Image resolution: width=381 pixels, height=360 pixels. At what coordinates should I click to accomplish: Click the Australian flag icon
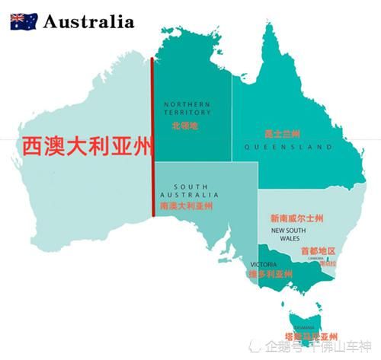[x=24, y=21]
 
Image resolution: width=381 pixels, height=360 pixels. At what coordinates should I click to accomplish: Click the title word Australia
[x=88, y=21]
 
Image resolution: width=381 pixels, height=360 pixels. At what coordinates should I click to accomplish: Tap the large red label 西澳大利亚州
[x=86, y=144]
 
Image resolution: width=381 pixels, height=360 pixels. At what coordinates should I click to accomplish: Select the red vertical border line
[x=153, y=137]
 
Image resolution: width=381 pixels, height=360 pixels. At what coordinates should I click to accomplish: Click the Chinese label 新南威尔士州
[x=296, y=217]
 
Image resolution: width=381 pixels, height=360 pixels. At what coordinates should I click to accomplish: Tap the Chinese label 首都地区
[x=318, y=250]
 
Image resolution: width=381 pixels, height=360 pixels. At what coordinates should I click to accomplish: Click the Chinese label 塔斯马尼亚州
[x=311, y=335]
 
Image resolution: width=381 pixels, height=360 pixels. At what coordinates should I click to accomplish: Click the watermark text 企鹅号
[x=285, y=348]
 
